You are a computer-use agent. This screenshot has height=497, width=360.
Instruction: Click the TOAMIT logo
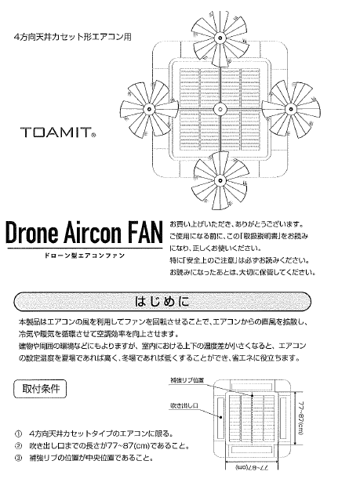point(58,132)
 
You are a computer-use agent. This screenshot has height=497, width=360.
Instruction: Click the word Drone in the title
point(32,232)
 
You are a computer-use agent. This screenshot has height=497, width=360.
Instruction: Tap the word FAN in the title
point(144,232)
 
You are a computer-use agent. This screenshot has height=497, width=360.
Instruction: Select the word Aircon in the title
point(93,232)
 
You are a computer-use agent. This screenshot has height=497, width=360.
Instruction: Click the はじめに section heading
point(162,301)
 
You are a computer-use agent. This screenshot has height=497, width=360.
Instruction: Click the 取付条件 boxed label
point(40,389)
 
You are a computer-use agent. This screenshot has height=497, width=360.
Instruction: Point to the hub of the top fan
point(219,38)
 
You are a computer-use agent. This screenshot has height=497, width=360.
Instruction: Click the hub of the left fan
point(149,110)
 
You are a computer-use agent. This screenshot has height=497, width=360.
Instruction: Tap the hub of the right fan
point(290,109)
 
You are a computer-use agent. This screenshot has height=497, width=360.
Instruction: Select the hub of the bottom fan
point(219,180)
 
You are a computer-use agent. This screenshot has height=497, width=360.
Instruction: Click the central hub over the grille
point(219,110)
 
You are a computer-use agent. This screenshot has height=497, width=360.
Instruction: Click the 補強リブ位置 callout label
point(187,380)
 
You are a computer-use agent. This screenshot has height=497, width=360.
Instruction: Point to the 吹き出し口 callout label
point(184,405)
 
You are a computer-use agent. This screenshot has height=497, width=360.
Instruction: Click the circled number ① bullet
point(18,434)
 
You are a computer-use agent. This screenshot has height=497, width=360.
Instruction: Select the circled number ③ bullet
point(18,459)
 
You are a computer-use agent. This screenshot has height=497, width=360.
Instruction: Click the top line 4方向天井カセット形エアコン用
point(73,37)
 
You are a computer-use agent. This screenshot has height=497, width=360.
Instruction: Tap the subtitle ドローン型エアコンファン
point(85,256)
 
